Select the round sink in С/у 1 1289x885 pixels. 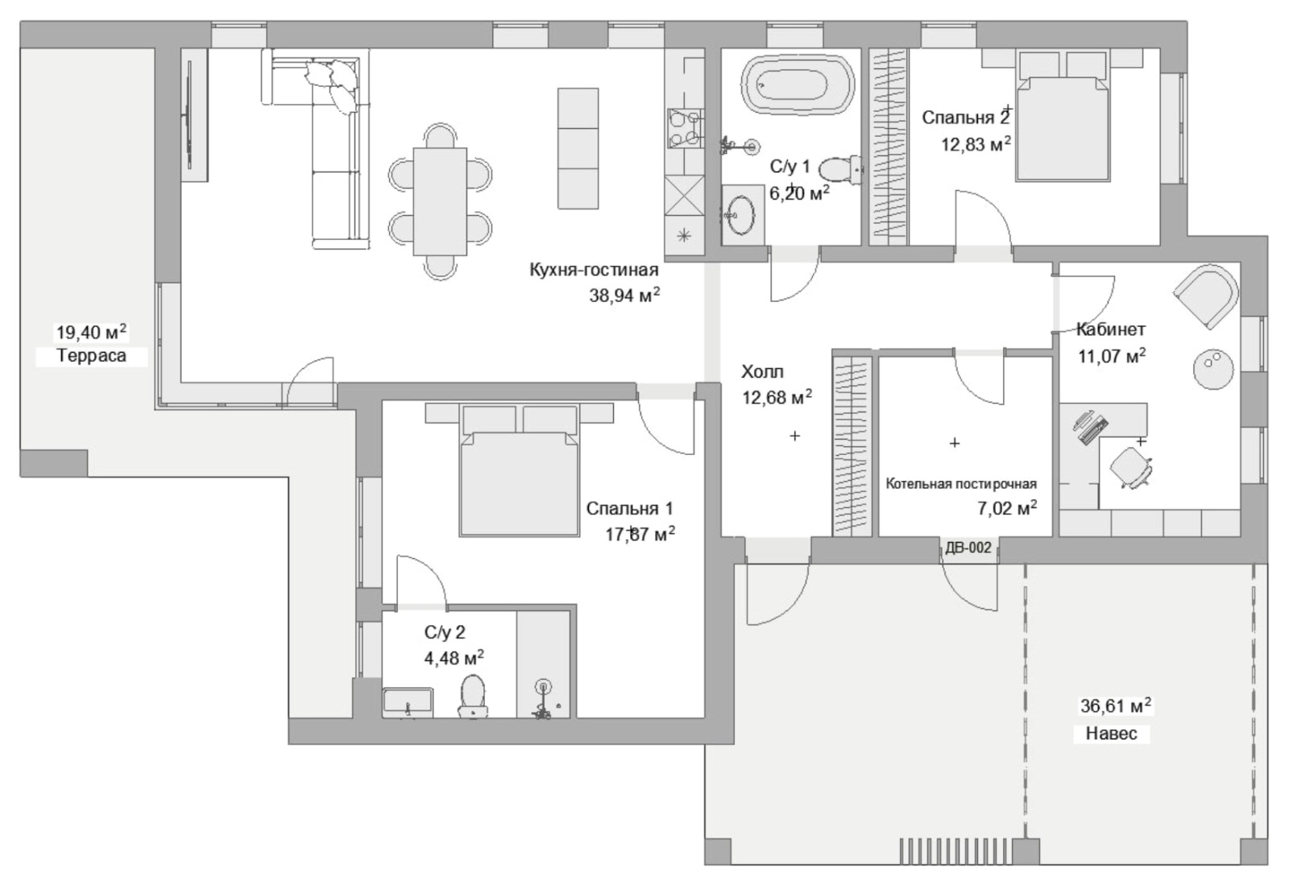[x=740, y=214]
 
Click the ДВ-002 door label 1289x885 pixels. [x=968, y=548]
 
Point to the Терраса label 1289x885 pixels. [x=91, y=355]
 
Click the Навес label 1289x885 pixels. [x=1112, y=733]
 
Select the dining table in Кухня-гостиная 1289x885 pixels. [x=440, y=201]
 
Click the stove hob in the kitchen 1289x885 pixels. [x=685, y=128]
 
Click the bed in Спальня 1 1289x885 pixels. [x=519, y=469]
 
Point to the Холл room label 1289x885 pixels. [x=762, y=371]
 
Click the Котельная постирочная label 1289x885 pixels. [x=961, y=484]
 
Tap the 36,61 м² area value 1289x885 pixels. [x=1116, y=705]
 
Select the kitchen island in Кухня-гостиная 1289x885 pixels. [x=578, y=148]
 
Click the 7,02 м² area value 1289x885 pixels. [x=1007, y=508]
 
